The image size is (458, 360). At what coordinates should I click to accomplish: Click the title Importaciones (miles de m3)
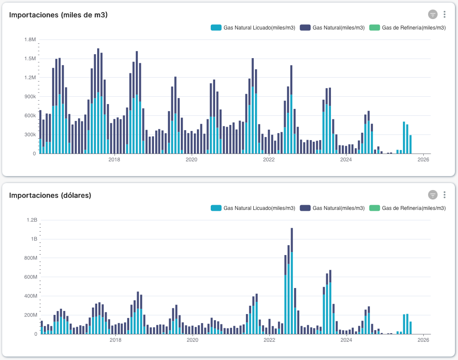[58, 15]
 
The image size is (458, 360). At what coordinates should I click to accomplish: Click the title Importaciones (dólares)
[50, 195]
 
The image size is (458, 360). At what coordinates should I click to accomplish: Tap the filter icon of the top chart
[432, 14]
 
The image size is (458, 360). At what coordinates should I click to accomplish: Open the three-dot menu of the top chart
[445, 14]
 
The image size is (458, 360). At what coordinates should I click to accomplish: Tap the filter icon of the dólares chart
[432, 195]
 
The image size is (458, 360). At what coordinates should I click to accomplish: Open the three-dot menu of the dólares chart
[445, 195]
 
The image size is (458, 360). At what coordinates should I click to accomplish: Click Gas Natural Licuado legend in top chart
[253, 28]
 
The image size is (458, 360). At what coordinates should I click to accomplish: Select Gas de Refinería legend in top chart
[407, 28]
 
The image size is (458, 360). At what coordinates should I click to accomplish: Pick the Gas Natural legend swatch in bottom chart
[305, 208]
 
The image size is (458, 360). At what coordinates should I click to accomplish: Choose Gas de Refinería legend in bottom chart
[407, 208]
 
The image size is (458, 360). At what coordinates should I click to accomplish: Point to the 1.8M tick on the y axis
[30, 39]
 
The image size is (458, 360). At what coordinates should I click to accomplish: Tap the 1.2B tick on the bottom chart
[32, 220]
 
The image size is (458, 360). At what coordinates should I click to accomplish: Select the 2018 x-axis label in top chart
[114, 160]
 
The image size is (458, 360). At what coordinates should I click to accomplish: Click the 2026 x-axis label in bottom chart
[423, 340]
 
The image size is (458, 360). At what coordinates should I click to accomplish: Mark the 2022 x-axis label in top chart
[269, 160]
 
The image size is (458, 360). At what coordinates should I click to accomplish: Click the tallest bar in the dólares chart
[292, 282]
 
